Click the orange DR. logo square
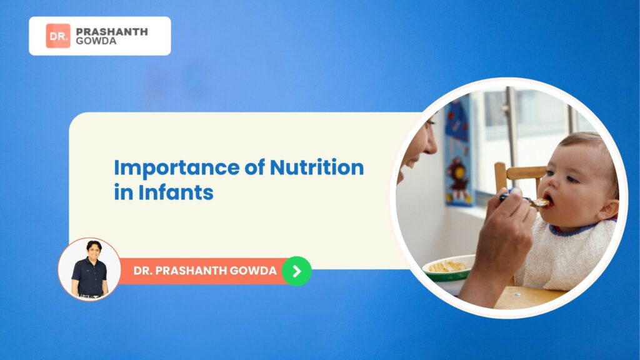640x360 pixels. point(58,36)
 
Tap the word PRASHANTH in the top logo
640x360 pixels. point(112,31)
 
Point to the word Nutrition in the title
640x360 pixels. point(317,167)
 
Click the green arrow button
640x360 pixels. point(297,271)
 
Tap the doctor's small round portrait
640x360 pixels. point(89,269)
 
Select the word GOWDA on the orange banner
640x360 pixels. point(253,271)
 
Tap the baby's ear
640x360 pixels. point(607,207)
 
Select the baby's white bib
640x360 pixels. point(565,255)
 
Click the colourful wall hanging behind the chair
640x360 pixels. point(459,153)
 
